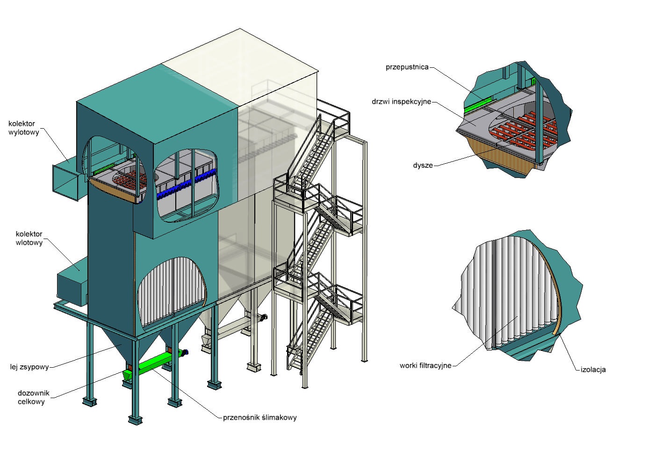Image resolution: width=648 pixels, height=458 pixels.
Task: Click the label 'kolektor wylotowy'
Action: tap(22, 128)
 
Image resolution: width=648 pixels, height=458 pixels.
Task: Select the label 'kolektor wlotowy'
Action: tap(29, 238)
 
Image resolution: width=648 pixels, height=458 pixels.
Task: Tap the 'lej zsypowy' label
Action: tap(29, 367)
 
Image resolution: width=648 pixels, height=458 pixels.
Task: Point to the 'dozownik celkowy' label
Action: tap(34, 397)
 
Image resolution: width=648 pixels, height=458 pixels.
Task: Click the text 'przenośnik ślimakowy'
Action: tap(260, 418)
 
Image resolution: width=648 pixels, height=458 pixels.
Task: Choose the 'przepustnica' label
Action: tap(407, 67)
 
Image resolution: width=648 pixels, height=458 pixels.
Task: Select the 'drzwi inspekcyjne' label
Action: tap(401, 101)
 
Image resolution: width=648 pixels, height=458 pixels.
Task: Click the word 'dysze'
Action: tap(423, 165)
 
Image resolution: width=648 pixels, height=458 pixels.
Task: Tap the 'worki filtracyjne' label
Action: tap(425, 365)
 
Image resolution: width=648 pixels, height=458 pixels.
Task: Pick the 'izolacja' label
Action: tap(593, 370)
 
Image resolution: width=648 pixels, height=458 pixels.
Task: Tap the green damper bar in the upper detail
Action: tap(478, 105)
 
